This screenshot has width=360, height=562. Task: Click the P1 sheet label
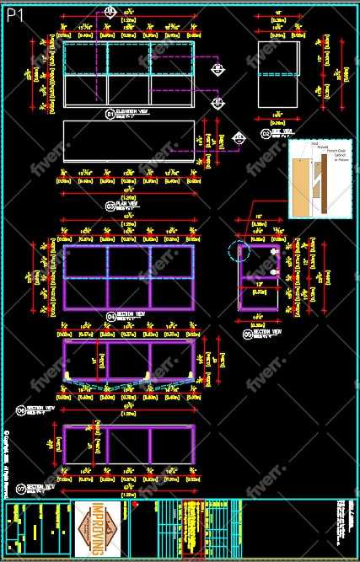(16, 15)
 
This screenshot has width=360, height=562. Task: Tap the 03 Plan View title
(121, 206)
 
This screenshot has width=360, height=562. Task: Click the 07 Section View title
(36, 487)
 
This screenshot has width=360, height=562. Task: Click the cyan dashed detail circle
(239, 251)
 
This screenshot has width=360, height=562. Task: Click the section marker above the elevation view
(110, 10)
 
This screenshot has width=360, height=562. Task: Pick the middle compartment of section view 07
(128, 446)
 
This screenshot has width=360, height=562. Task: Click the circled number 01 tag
(110, 112)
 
